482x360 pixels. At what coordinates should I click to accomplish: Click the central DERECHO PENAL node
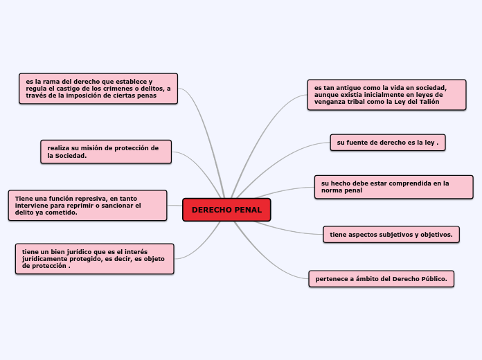tap(226, 210)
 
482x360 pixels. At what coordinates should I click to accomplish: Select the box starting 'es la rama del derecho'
tap(98, 89)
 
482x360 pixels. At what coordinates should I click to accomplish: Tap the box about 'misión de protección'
tap(105, 152)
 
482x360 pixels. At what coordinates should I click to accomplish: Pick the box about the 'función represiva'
tap(87, 206)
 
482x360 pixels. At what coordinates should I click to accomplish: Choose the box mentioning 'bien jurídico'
tap(94, 258)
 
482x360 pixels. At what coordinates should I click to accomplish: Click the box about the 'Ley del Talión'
tap(386, 95)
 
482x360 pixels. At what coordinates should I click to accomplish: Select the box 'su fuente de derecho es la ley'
tap(388, 142)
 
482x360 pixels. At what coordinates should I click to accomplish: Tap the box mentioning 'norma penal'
tap(393, 187)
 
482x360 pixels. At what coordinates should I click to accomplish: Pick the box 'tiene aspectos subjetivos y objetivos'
tap(391, 235)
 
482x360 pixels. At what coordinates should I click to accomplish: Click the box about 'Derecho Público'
tap(381, 279)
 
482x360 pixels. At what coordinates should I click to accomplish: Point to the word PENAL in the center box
tap(248, 210)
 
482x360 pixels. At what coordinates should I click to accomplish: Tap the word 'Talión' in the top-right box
tap(429, 102)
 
